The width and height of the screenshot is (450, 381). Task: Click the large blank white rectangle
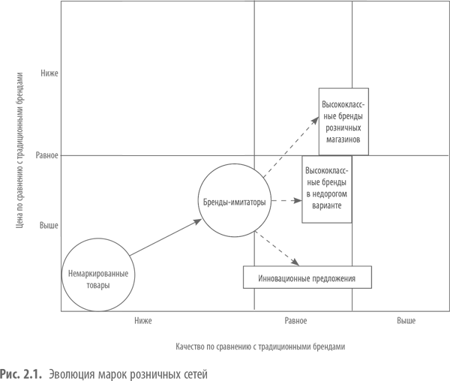tap(183, 78)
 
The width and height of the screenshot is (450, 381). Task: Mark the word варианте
tap(328, 205)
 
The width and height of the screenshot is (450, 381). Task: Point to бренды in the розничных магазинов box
tap(349, 115)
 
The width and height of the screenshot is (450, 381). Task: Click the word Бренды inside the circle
tap(216, 203)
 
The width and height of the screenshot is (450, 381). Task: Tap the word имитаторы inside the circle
tap(250, 203)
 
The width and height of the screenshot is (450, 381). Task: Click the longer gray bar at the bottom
tap(60, 374)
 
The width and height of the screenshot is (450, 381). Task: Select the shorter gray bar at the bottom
tap(164, 374)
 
